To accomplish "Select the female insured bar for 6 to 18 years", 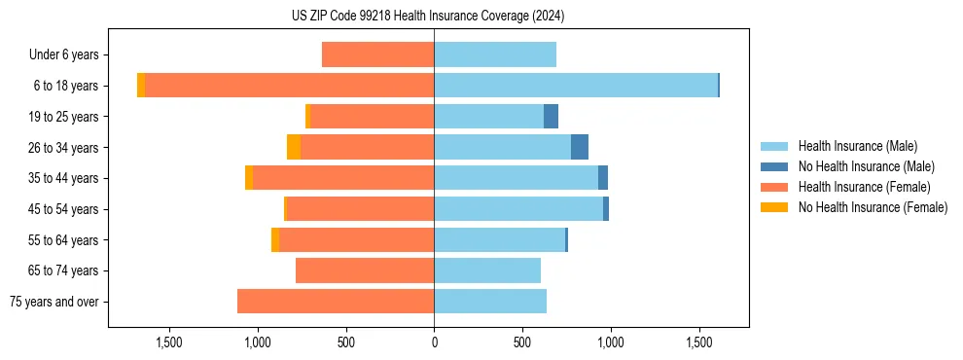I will click(x=289, y=86).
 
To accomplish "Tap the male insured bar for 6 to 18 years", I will click(x=576, y=86).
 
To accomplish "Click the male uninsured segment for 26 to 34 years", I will click(x=580, y=147).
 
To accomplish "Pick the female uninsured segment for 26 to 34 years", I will click(x=294, y=147).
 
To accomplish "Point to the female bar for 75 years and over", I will click(x=336, y=302).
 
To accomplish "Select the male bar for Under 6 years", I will click(x=495, y=54).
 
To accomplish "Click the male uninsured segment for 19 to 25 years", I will click(x=552, y=117).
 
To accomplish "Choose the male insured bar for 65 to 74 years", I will click(x=487, y=270).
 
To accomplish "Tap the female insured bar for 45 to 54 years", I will click(x=360, y=209).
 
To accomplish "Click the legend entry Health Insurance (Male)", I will click(x=857, y=146).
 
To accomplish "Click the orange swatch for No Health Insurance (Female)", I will click(x=775, y=207).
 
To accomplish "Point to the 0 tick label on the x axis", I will click(x=434, y=342).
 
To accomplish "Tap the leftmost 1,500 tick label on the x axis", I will click(x=169, y=342).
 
